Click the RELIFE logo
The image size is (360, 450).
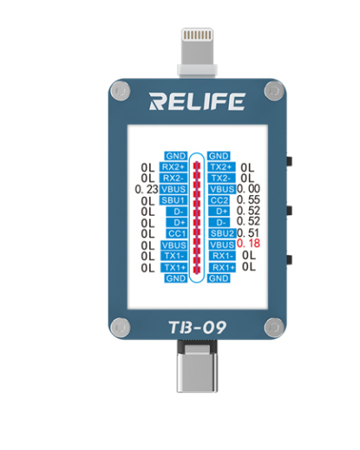pos(197,102)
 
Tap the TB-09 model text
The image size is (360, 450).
pos(197,327)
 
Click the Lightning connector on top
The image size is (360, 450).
pos(197,53)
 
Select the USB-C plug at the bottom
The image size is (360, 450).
pos(197,366)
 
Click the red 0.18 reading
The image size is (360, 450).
pos(249,243)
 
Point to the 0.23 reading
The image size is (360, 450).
pos(147,189)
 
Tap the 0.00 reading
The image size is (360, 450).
pos(249,189)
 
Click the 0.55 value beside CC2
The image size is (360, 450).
pos(249,199)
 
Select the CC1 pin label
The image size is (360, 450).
pos(177,233)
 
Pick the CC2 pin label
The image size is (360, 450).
pos(219,200)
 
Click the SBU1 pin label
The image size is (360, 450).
pos(173,200)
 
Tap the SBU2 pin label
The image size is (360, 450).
pos(222,233)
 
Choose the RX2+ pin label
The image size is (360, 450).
pos(173,167)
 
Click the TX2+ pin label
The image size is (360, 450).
pos(221,167)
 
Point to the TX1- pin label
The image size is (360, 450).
pos(174,256)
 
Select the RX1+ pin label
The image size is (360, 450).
pos(222,267)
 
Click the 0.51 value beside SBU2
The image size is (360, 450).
pos(249,233)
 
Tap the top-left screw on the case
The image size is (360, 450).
pos(121,91)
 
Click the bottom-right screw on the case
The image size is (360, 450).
pos(274,327)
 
